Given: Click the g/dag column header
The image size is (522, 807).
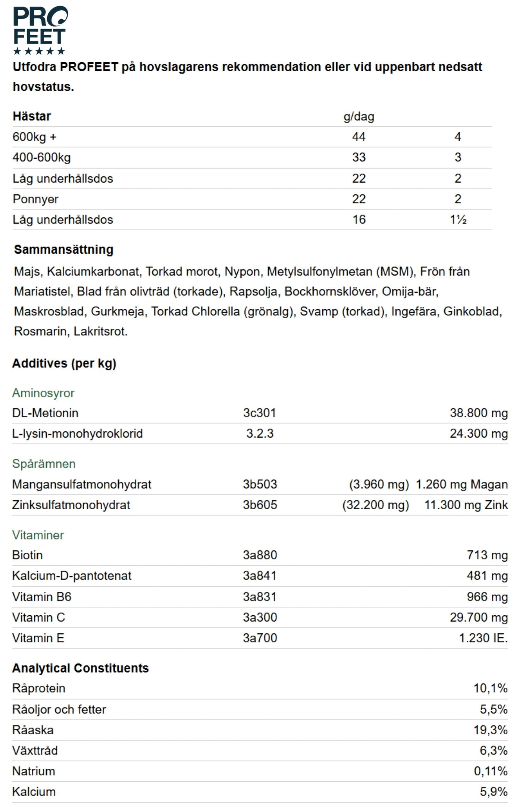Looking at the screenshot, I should tap(358, 117).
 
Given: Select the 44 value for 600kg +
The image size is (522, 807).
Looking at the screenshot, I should tap(358, 137).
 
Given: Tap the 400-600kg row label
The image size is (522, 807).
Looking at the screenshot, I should tap(41, 157).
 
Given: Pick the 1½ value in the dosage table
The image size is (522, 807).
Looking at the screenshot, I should tap(458, 219).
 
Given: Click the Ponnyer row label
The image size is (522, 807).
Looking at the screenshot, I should tap(35, 199).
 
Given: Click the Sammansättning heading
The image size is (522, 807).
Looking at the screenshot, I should tap(64, 249).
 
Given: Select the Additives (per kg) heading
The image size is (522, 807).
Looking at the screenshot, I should tap(64, 363).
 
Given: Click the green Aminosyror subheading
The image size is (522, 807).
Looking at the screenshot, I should tap(43, 393).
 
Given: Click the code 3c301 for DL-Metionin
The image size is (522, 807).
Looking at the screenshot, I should tap(259, 413).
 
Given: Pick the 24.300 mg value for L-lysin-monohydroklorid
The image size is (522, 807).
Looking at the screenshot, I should tap(478, 433).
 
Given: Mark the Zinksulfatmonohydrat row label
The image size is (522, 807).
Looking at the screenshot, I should tap(71, 505).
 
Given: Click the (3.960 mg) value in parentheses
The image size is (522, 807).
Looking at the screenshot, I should tap(379, 484).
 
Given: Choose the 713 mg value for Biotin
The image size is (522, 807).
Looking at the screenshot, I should tap(487, 555).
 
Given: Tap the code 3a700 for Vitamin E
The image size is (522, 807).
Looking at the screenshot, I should tap(260, 638).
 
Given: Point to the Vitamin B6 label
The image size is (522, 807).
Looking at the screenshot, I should tap(41, 597).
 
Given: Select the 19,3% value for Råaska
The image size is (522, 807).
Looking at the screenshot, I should tap(490, 729).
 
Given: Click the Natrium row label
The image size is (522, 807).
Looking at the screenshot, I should tap(33, 771).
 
